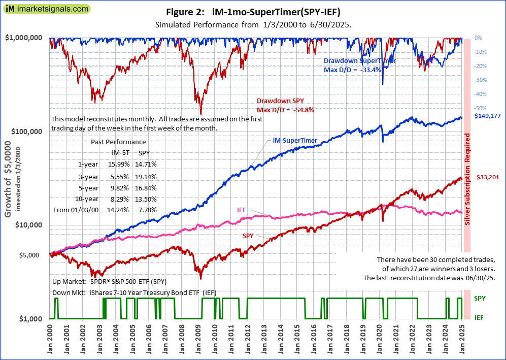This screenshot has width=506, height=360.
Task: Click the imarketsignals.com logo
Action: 46,9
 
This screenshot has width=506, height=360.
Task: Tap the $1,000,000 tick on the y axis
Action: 24,38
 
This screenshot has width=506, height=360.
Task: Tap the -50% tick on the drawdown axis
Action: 480,108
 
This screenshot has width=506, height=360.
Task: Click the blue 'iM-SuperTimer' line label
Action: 295,141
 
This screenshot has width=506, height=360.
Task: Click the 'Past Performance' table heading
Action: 118,142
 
